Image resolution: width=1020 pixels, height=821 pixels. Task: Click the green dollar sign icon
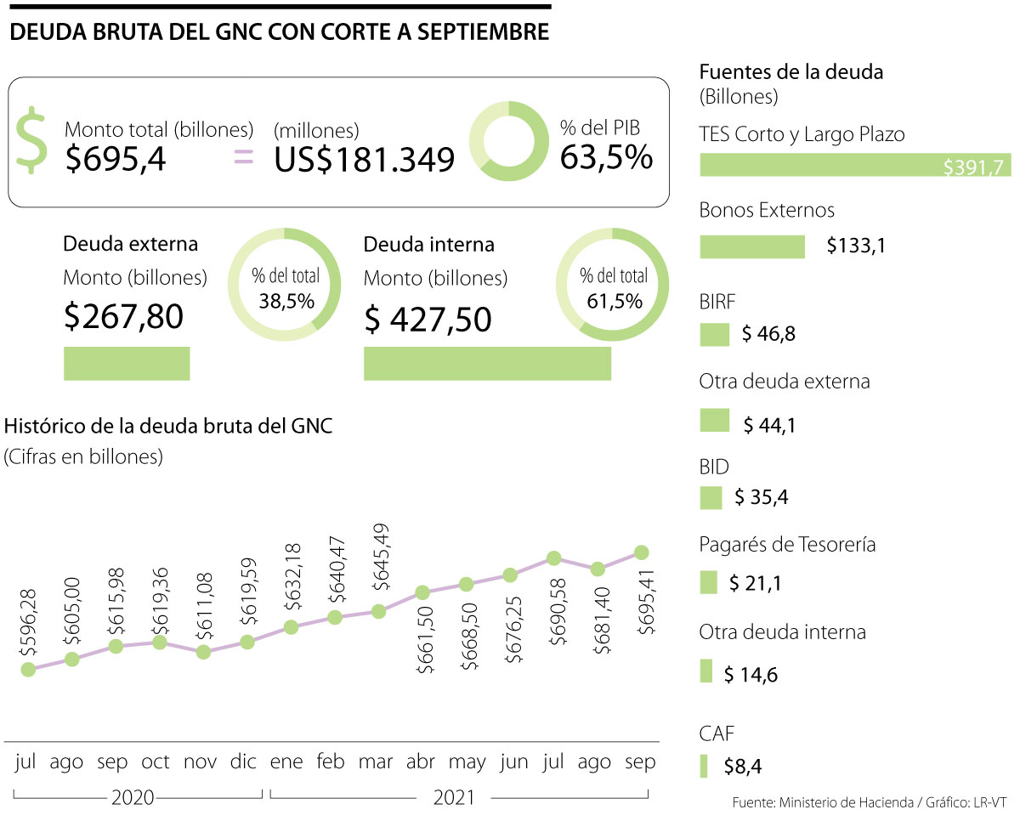tap(33, 141)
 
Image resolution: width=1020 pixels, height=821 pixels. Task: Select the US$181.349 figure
tap(364, 159)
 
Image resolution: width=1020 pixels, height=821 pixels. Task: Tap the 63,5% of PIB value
tap(606, 156)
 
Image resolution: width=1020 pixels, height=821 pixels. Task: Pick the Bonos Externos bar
tap(752, 246)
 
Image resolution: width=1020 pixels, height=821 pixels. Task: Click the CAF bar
tap(704, 766)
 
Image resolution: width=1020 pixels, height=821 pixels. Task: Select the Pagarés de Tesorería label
tap(787, 544)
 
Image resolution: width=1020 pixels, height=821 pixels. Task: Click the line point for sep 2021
tap(642, 552)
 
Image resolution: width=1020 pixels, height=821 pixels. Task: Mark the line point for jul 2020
tap(28, 670)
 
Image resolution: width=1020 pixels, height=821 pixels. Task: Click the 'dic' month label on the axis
tap(244, 762)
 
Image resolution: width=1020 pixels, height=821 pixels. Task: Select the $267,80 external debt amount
tap(123, 316)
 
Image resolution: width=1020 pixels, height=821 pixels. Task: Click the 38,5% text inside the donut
tap(286, 300)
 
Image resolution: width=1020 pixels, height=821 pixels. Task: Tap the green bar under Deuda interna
tap(487, 364)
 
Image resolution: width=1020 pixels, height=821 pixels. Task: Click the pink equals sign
tap(244, 155)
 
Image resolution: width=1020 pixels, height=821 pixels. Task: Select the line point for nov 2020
tap(203, 652)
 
